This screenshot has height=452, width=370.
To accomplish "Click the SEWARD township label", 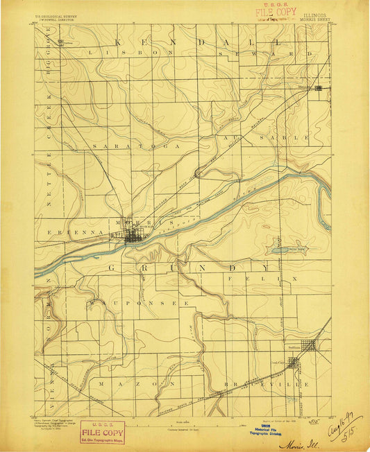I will point(271,53).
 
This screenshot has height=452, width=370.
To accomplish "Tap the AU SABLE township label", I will point(281,138).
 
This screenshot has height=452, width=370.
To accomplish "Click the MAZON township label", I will point(111,383).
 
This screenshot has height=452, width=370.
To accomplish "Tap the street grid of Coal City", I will point(293,362).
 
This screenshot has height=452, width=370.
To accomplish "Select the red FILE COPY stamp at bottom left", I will point(102,432).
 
